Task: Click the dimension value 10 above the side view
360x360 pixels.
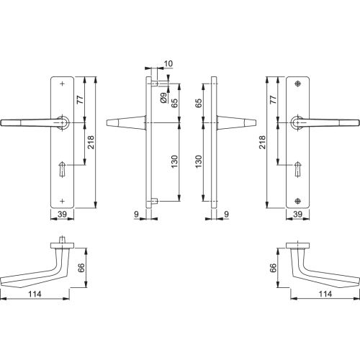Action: point(168,65)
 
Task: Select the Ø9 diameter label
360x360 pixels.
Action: point(164,96)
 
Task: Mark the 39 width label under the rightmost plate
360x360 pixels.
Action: point(297,215)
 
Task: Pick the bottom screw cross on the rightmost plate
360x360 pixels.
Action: point(297,199)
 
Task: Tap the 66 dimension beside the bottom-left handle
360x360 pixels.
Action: point(80,266)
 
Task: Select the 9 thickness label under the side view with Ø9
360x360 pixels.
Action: point(136,215)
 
